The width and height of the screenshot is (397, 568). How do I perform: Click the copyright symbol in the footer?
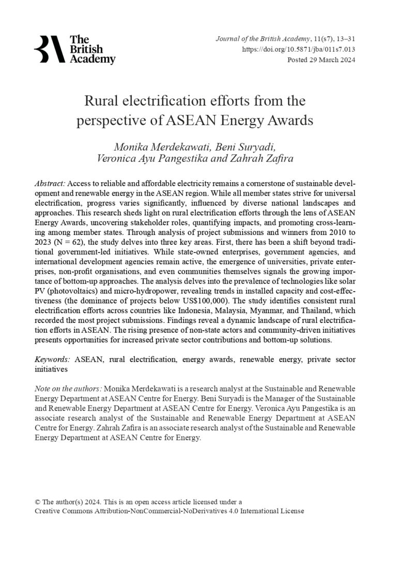tap(37, 502)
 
